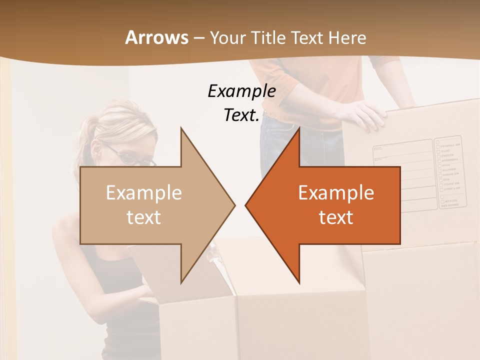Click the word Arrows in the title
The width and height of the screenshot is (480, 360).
point(156,37)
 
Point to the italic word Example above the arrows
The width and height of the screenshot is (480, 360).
point(241,91)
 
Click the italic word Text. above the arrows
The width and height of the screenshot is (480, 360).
point(241,115)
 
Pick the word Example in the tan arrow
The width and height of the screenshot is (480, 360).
point(144,192)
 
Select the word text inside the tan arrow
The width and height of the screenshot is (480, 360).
point(144,217)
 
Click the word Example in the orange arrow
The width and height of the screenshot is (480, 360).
point(336,192)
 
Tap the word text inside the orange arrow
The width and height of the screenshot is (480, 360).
point(336,217)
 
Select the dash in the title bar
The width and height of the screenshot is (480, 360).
point(198,38)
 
